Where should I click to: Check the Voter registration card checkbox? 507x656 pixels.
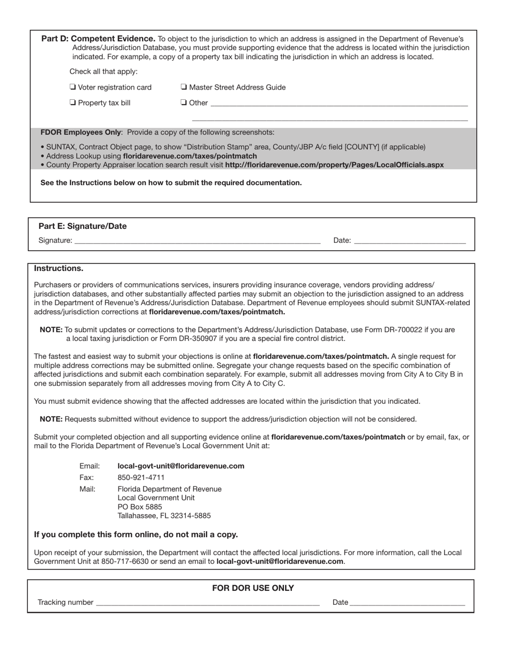73,87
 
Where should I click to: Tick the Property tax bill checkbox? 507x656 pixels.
73,102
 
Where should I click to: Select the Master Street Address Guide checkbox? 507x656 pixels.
184,87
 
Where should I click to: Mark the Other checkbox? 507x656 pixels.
184,102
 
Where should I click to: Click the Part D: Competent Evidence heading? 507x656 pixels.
98,39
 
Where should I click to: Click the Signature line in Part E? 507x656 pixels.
197,240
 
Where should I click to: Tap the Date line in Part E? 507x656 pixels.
410,240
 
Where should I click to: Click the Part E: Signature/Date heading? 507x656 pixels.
83,226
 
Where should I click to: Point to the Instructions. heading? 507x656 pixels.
59,268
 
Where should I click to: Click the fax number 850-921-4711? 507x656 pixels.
141,477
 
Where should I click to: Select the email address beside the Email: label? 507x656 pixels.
181,466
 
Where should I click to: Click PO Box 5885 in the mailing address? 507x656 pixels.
140,507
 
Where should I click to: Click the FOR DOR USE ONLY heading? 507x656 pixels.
253,588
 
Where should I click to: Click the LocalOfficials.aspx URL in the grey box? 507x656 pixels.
334,165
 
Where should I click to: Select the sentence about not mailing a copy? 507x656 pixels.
136,534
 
